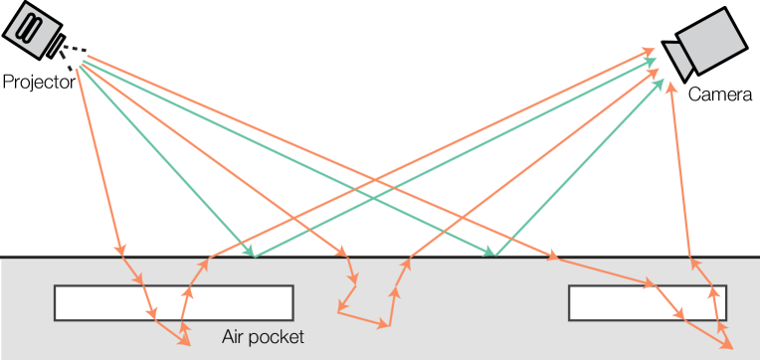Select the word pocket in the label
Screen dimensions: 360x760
click(279, 337)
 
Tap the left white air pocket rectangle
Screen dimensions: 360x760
click(173, 302)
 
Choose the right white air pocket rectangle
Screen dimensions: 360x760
click(648, 302)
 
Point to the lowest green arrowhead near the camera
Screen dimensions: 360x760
click(660, 82)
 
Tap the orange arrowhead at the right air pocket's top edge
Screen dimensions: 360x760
click(652, 284)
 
